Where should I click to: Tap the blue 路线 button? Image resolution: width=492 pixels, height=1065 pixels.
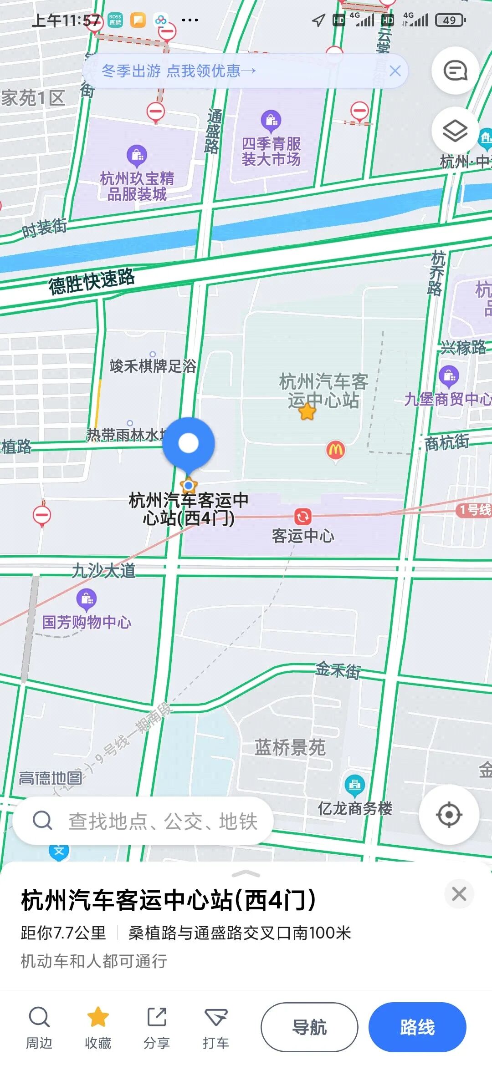417,1027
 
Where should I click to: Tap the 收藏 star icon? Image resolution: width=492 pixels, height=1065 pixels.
98,1017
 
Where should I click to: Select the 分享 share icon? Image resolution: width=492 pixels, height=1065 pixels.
157,1017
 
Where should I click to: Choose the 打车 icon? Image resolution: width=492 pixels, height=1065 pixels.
216,1017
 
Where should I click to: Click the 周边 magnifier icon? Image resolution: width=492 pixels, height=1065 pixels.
39,1017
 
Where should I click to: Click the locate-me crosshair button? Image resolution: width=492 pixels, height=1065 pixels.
449,815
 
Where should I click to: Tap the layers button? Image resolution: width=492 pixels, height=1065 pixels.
455,131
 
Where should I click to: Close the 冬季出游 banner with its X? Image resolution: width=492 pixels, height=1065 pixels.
395,71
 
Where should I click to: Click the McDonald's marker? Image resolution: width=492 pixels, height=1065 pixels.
336,450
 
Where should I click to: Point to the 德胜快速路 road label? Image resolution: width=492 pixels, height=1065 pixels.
92,281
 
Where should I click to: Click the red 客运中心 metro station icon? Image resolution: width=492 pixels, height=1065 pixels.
302,517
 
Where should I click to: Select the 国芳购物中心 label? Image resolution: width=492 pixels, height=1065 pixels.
87,622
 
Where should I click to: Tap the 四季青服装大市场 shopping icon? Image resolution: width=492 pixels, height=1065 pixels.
271,120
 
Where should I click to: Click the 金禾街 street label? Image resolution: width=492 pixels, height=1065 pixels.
338,670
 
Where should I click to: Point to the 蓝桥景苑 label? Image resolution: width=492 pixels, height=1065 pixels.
290,747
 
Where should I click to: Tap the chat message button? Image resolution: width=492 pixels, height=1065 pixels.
455,71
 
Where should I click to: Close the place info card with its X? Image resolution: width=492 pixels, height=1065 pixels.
459,894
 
